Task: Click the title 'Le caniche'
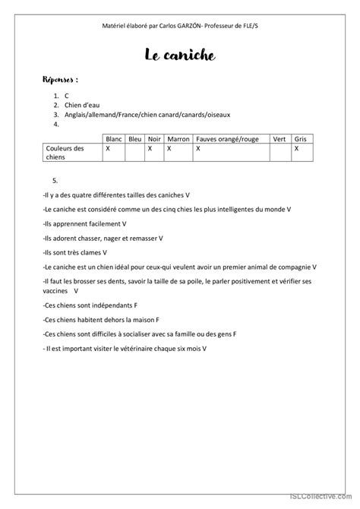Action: tap(180, 55)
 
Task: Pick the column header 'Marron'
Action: tap(179, 140)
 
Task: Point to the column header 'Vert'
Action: tap(279, 140)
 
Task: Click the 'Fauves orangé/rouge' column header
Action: tap(229, 140)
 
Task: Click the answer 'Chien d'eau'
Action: tap(82, 105)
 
